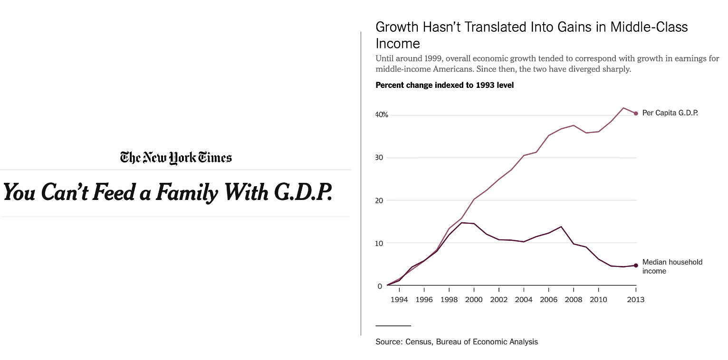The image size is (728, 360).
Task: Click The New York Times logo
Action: [176, 158]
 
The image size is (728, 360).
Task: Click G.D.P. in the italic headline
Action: [302, 191]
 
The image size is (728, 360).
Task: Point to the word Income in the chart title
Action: [398, 44]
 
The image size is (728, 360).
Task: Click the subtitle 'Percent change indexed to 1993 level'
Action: [444, 85]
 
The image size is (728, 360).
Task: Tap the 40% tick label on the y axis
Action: [382, 115]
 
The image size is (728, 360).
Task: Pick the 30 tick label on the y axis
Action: [379, 158]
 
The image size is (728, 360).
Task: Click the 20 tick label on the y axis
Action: [379, 200]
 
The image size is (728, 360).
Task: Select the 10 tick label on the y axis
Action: [379, 243]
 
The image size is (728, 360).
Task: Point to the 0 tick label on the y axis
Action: [380, 286]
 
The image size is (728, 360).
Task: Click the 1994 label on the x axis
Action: [399, 300]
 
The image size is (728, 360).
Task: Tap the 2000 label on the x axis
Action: [474, 300]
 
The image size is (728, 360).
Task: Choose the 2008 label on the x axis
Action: [574, 300]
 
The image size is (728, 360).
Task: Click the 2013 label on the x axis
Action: [635, 300]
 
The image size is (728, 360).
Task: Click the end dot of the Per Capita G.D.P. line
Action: [636, 113]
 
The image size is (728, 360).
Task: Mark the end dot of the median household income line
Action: [636, 265]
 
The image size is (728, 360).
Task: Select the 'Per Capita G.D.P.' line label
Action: [670, 114]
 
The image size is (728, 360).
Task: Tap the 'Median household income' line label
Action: [672, 266]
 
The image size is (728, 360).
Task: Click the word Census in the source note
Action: [417, 341]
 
